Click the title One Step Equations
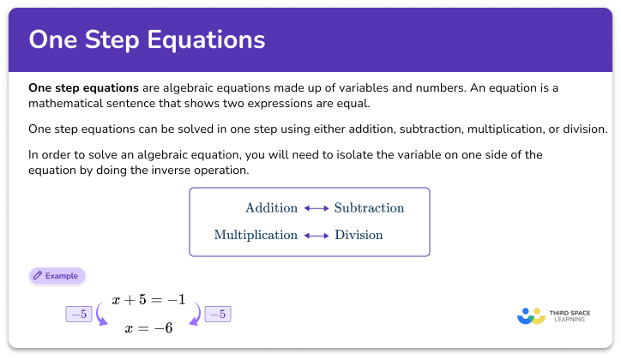tap(147, 39)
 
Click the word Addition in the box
tap(271, 208)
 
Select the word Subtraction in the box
tap(369, 208)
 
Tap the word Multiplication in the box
tap(256, 235)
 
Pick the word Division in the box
tap(359, 235)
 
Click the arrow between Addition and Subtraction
tap(316, 208)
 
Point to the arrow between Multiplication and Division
tap(316, 235)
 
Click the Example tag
tap(57, 276)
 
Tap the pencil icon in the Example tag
tap(38, 276)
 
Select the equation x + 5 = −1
tap(148, 301)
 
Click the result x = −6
tap(148, 327)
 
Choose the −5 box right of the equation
tap(218, 314)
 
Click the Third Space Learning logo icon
tap(531, 315)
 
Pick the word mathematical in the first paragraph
tap(65, 104)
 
